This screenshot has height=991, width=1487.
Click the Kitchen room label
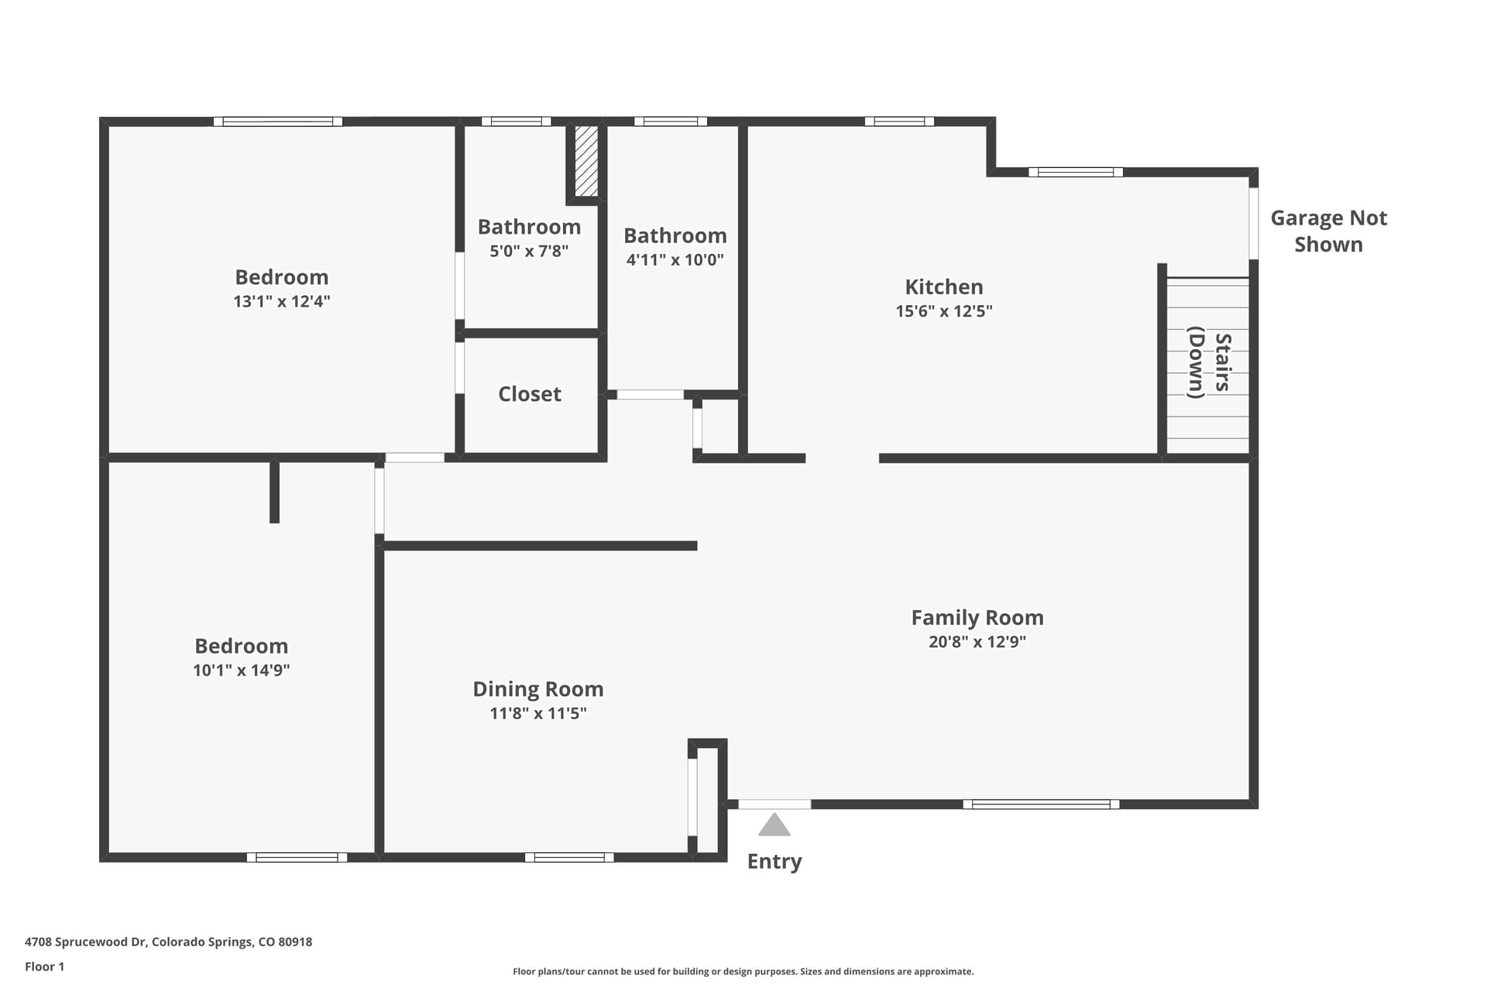(x=944, y=287)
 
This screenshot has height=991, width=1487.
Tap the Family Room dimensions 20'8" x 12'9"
(x=977, y=642)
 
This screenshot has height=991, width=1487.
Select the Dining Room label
(x=538, y=689)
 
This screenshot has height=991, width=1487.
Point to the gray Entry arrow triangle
(x=774, y=825)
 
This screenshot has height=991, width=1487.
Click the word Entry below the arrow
(x=774, y=862)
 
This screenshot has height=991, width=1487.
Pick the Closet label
(x=530, y=394)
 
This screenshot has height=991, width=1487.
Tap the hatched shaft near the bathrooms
(x=586, y=161)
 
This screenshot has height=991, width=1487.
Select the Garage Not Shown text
(x=1329, y=231)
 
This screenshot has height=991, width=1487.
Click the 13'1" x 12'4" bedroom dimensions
(x=282, y=301)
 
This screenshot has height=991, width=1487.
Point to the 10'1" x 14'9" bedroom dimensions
(x=242, y=670)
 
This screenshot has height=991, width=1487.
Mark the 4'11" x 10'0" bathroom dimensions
(x=675, y=260)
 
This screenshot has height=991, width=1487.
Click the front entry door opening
(x=774, y=804)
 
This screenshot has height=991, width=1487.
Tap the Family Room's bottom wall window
(x=1041, y=804)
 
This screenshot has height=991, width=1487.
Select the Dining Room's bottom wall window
(x=569, y=857)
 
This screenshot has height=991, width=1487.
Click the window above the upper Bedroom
(x=278, y=122)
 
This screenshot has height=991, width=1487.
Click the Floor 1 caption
(x=45, y=966)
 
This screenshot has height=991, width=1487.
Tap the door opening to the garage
(x=1253, y=223)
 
